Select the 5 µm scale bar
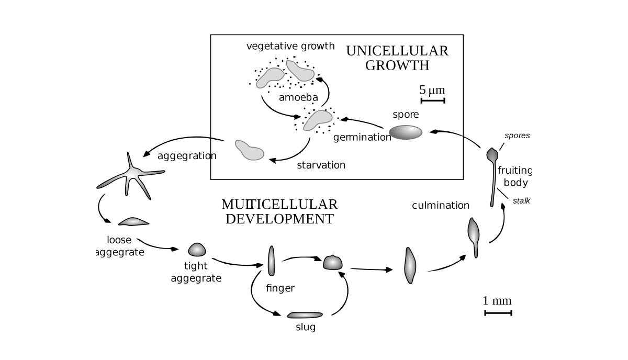[x=432, y=100]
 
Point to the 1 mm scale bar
[x=498, y=313]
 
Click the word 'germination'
[x=362, y=138]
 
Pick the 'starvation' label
[x=321, y=165]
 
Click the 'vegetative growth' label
[x=290, y=46]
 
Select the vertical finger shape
[x=271, y=261]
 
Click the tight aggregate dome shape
[x=197, y=250]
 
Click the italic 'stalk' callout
[x=521, y=200]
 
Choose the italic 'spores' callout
[x=517, y=136]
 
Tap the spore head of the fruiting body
[x=492, y=154]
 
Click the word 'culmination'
[x=441, y=205]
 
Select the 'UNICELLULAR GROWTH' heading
[x=397, y=58]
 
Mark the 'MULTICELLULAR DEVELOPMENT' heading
[x=279, y=211]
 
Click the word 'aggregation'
[x=187, y=155]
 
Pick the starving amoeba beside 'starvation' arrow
[x=249, y=150]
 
